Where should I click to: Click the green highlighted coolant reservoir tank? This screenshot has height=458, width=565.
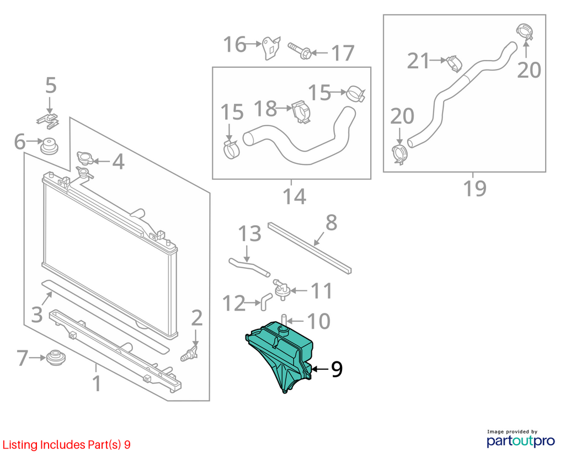281,353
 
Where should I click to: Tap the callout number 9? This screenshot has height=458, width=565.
337,369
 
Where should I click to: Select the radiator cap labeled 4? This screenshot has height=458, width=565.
84,158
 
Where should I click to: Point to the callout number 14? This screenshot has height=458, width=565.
295,196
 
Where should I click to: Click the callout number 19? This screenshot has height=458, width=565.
475,188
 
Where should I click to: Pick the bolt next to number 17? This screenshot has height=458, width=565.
300,51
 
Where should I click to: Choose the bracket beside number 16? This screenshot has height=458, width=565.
271,47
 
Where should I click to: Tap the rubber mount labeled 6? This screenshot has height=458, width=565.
49,145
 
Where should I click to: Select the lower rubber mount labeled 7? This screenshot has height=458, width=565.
56,356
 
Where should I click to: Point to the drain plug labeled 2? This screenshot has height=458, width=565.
190,354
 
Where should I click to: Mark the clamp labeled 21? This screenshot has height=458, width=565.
454,63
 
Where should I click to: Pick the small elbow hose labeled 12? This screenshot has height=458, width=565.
266,301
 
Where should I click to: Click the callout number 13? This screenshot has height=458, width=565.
250,233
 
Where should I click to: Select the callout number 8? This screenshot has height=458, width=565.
331,223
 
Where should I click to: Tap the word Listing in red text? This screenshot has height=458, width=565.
20,445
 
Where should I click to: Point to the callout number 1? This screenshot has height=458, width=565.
97,383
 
